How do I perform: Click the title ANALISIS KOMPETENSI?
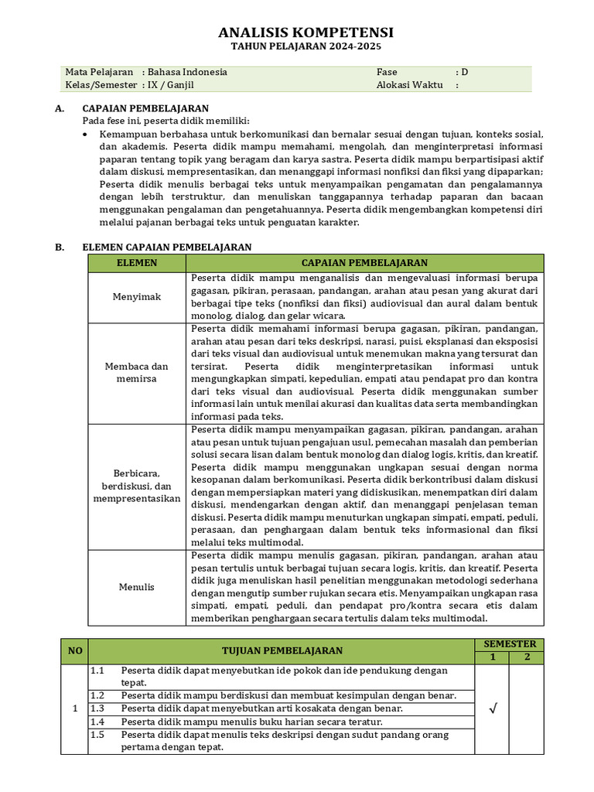306,32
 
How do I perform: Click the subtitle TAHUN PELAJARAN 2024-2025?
306,47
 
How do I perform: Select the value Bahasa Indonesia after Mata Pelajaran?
188,72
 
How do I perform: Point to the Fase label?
387,72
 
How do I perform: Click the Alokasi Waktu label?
410,85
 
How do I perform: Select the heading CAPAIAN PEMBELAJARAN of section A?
145,108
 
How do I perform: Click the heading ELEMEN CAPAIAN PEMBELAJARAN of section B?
167,247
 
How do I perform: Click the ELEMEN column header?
137,263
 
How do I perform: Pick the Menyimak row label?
137,297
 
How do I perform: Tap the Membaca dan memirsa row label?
137,372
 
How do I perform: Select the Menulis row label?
137,587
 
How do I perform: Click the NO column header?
75,650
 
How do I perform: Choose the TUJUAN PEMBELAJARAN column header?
282,650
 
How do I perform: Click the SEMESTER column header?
509,644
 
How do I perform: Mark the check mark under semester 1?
492,708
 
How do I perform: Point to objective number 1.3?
97,708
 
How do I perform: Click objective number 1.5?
97,735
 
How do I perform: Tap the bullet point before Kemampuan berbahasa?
87,135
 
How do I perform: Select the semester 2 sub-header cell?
527,657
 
